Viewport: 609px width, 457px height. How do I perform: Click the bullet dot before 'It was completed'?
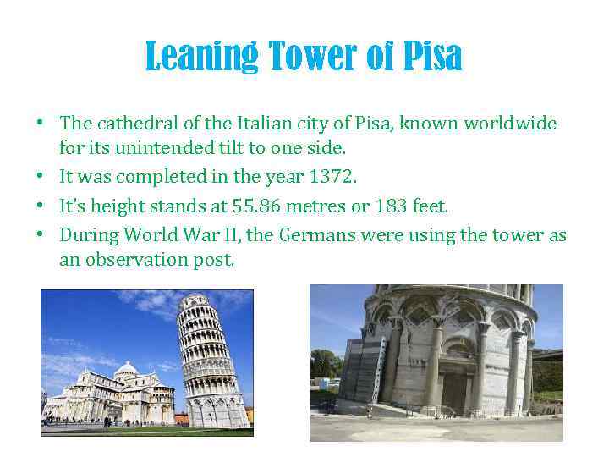(x=40, y=178)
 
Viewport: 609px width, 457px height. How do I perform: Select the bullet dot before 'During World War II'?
(x=40, y=236)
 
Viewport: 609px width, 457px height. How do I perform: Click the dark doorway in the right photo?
(x=455, y=390)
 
